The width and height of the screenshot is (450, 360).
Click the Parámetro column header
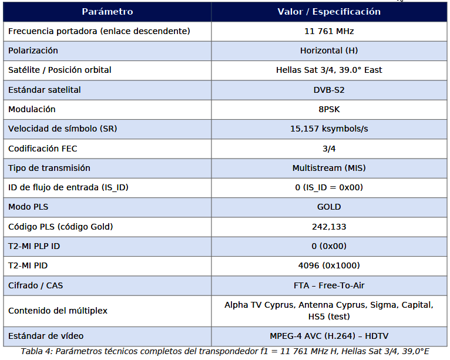pos(107,12)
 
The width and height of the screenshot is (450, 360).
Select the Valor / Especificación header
pos(328,12)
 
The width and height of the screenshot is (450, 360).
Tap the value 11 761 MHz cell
pos(328,31)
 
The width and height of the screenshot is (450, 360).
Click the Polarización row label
pos(33,51)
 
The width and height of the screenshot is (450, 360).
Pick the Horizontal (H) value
pos(328,51)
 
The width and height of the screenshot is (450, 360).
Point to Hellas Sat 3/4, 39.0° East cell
pos(328,70)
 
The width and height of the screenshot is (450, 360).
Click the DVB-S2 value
pos(328,90)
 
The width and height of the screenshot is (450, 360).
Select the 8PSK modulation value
pos(328,109)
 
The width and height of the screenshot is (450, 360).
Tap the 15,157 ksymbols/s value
pos(328,129)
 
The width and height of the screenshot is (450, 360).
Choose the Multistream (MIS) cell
pos(328,168)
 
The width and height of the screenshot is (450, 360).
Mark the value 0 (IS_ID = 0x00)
pos(328,187)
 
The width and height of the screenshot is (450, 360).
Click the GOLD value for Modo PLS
pos(328,207)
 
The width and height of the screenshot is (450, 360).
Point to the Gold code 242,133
pos(328,227)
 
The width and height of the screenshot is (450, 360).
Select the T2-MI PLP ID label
pos(34,246)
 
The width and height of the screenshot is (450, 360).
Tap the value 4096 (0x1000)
pos(328,265)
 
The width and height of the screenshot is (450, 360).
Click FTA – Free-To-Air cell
pos(328,285)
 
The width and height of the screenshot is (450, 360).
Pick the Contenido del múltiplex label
pos(58,311)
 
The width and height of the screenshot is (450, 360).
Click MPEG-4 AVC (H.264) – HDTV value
pos(328,336)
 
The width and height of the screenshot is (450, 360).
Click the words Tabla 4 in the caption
pos(36,352)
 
